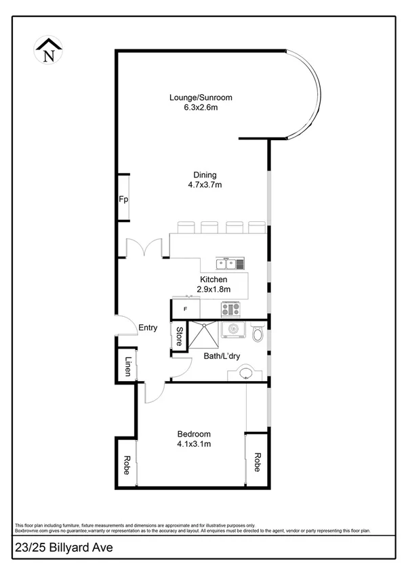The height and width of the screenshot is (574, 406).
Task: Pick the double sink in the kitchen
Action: point(230,264)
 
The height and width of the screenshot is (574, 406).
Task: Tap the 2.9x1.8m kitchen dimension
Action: point(214,289)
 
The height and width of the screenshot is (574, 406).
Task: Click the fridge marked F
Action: point(186,309)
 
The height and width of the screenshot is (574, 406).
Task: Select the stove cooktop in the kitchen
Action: point(230,309)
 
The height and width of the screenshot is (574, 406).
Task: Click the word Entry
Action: point(148,328)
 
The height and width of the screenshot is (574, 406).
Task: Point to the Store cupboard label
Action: point(179,336)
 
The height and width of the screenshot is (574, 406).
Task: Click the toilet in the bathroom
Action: point(256,333)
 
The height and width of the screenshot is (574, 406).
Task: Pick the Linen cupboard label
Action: point(127,366)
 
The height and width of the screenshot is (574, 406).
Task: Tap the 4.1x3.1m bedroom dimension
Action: point(195,444)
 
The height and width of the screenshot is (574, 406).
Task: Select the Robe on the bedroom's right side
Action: point(258,461)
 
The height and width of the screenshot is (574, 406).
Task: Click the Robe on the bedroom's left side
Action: point(126,464)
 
